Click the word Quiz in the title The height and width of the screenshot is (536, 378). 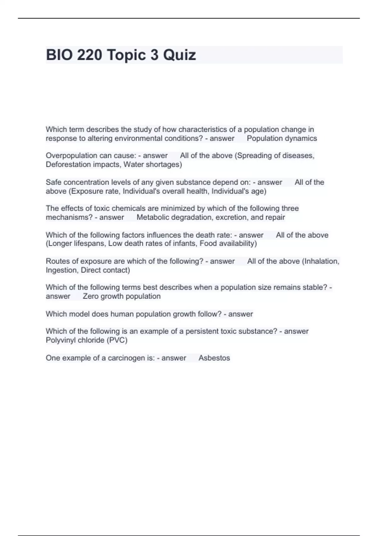(x=180, y=55)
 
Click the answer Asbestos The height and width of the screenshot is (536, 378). (x=214, y=358)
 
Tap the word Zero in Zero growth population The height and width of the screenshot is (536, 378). (x=90, y=296)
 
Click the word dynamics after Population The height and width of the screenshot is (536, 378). (x=301, y=138)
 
